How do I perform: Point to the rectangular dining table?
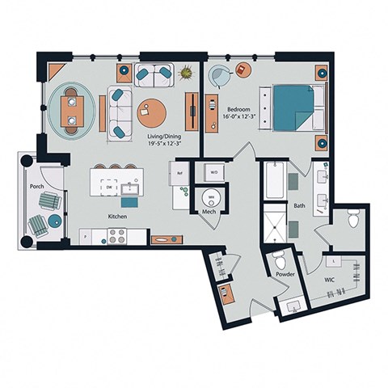(72, 111)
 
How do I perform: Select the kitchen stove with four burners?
(116, 235)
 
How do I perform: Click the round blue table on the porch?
(54, 220)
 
